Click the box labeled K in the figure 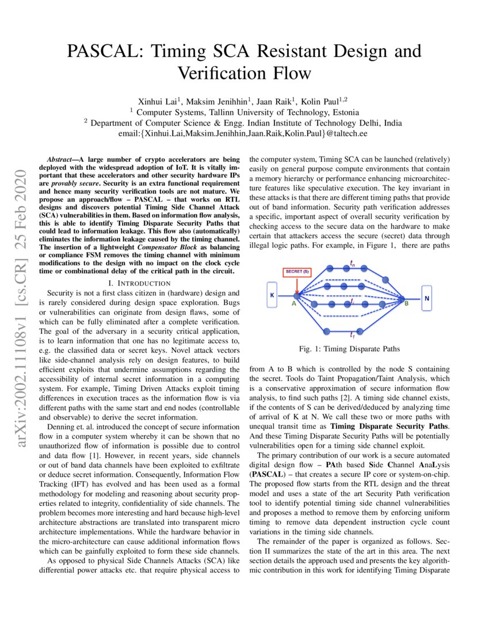[x=272, y=295]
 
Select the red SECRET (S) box [x=297, y=272]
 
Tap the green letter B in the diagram [x=406, y=303]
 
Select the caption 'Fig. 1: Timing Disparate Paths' [x=349, y=349]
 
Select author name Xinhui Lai [x=159, y=101]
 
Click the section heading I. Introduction [x=139, y=283]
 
